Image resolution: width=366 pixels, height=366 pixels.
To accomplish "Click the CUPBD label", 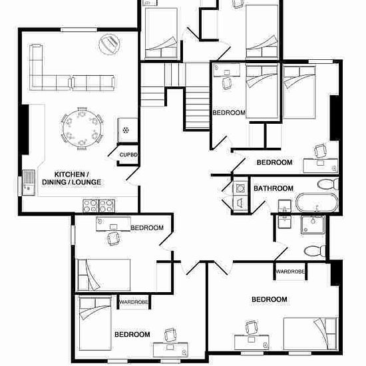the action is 128,155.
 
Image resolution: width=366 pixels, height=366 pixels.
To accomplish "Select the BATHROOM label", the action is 274,188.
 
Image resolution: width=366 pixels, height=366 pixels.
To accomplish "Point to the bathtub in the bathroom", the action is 317,202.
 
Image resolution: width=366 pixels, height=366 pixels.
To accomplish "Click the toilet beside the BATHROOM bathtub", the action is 328,184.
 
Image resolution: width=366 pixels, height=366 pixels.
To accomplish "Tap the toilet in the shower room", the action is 315,251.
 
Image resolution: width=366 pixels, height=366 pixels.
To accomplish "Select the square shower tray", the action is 313,224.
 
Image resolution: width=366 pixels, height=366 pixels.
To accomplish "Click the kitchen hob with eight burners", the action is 98,206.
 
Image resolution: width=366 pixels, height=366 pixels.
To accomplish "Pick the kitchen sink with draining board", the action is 29,182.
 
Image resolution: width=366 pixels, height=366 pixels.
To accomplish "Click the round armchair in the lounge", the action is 109,45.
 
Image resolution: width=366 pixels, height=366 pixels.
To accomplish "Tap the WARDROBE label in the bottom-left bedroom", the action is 134,302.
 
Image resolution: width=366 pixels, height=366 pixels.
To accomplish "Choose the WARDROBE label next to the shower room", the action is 290,272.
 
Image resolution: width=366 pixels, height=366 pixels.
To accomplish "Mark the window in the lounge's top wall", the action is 79,30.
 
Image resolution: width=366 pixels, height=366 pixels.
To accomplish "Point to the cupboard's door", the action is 113,151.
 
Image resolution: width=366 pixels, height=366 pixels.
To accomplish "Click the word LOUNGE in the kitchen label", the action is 87,182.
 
